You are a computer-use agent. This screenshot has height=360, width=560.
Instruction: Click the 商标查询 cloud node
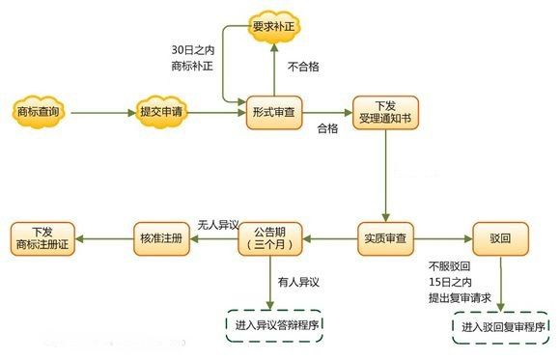point(39,113)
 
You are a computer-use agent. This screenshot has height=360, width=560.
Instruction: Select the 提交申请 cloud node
point(160,113)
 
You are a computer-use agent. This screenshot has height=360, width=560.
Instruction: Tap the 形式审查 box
point(273,113)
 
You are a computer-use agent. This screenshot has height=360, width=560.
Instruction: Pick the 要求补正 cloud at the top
point(274,26)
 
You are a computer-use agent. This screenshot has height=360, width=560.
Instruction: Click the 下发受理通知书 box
point(384,113)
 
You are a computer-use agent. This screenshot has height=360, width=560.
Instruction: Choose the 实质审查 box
point(385,236)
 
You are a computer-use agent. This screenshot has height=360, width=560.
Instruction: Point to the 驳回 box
point(498,236)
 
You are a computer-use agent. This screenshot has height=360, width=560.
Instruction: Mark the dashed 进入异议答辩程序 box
point(274,323)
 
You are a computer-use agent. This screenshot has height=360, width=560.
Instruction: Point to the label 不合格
point(303,67)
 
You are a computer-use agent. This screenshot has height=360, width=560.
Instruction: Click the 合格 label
point(327,128)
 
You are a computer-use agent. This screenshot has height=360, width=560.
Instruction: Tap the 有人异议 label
point(297,281)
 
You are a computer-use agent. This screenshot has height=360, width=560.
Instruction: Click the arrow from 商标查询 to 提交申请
point(99,113)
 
